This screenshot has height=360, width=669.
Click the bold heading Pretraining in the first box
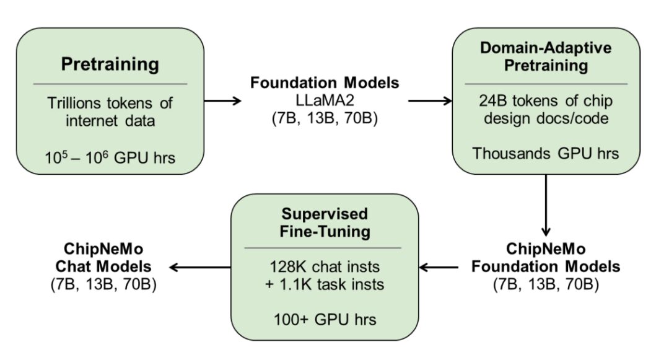pos(110,64)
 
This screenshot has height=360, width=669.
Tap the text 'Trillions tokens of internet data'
pos(110,112)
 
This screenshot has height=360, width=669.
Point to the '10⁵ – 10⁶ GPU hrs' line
pos(110,157)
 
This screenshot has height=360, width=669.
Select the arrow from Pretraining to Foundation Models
pos(223,101)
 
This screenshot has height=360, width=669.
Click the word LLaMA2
pos(325,100)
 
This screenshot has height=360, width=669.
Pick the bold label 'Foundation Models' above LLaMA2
pos(325,82)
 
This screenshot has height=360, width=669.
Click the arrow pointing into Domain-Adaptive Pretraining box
pos(430,101)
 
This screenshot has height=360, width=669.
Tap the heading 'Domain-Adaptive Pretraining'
pos(546,56)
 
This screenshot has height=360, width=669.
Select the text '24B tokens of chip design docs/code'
pos(546,110)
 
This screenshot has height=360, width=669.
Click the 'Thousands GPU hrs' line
pos(546,154)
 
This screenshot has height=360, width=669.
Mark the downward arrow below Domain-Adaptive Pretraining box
pos(546,205)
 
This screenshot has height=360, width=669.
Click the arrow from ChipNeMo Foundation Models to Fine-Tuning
pos(439,268)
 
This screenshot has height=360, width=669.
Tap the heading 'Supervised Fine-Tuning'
pos(325,222)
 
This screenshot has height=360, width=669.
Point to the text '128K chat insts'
pos(325,267)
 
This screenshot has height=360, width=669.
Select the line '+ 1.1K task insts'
pos(325,284)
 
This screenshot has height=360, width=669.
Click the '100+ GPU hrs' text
pos(325,320)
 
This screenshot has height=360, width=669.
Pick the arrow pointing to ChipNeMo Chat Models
pos(199,268)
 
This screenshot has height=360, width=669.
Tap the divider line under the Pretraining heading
pos(110,84)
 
